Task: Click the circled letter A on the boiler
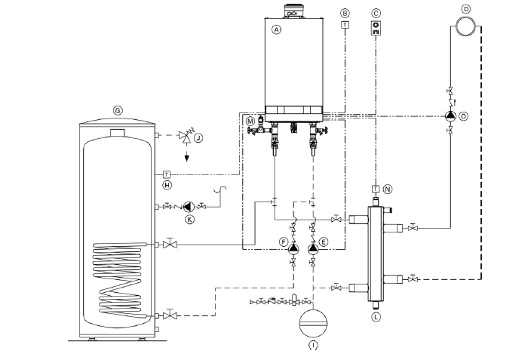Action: pyautogui.click(x=276, y=29)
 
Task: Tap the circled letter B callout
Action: pyautogui.click(x=345, y=14)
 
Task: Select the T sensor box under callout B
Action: pyautogui.click(x=345, y=25)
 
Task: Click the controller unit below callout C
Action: pyautogui.click(x=376, y=28)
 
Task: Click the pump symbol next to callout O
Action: pyautogui.click(x=450, y=116)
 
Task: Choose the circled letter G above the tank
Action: pyautogui.click(x=118, y=110)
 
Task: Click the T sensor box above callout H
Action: pyautogui.click(x=167, y=174)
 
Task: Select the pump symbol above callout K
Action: pyautogui.click(x=189, y=206)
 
